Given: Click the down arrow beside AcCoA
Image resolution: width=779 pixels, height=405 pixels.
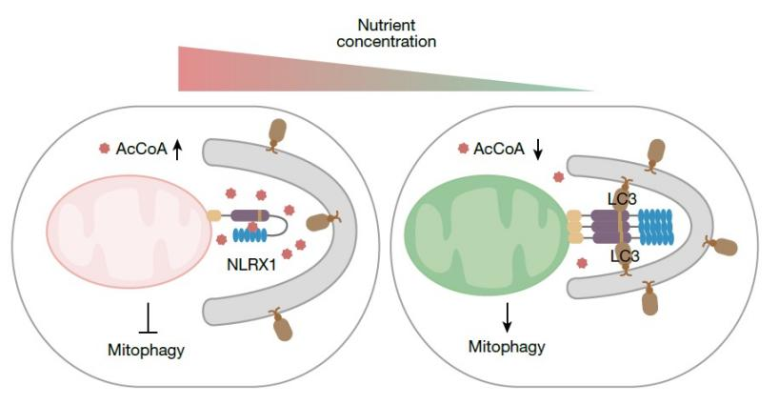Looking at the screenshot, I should coord(539,148).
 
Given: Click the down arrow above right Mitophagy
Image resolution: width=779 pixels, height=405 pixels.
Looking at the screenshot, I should coord(508,315).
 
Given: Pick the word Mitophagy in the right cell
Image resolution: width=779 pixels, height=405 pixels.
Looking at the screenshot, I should coord(508,347).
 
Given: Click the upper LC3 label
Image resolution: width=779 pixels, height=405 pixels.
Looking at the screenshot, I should coord(622,198).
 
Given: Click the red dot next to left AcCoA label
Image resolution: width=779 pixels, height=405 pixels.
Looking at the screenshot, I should coord(104,149).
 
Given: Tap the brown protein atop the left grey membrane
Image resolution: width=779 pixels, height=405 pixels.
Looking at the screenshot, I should coord(278,132).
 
